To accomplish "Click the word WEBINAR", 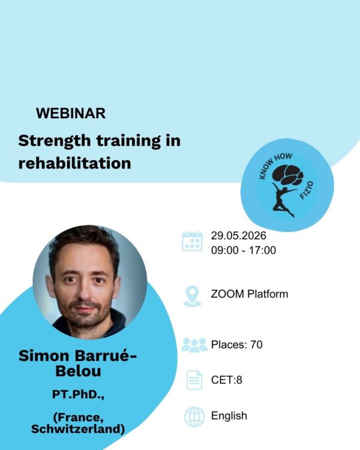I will pos(71,113).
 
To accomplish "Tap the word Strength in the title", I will pos(50,142).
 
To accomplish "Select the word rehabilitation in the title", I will pos(74,163).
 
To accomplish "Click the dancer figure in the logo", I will pos(283,199).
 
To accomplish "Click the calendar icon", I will pos(192,241).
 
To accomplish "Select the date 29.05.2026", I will pos(238,235).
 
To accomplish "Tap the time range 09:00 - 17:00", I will pos(243,250).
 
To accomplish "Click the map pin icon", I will pos(192,295).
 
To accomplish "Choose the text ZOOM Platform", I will pos(249,294).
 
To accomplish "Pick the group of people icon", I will pos(193,345).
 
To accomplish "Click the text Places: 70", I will pos(236,344).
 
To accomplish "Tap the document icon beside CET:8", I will pos(194,380).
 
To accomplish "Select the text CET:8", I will pos(226,380).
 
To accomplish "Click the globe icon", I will pos(194,416).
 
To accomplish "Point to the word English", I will pos(229,416).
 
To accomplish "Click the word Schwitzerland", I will pos(78,430).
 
